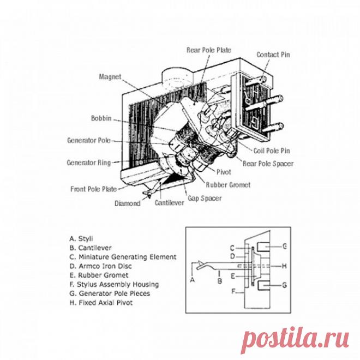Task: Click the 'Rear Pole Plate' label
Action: pyautogui.click(x=209, y=50)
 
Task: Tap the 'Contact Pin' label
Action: pyautogui.click(x=273, y=55)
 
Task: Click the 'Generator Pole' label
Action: pyautogui.click(x=88, y=140)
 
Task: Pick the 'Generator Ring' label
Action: pyautogui.click(x=88, y=163)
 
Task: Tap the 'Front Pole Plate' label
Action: pyautogui.click(x=93, y=189)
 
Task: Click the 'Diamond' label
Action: pyautogui.click(x=128, y=203)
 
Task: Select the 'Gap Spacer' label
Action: pyautogui.click(x=205, y=199)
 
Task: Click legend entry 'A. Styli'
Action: pyautogui.click(x=81, y=238)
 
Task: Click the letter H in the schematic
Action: pyautogui.click(x=284, y=266)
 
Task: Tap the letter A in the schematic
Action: pyautogui.click(x=192, y=278)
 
